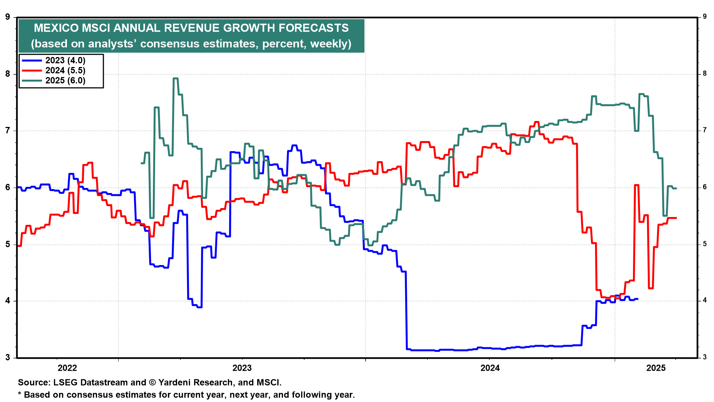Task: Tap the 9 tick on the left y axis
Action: pos(8,17)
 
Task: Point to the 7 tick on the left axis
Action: pos(8,131)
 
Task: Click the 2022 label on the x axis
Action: pos(67,368)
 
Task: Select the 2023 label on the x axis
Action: pos(242,368)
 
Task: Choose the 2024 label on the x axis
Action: pos(490,368)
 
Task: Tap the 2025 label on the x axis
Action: pos(656,368)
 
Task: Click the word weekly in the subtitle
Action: pos(329,44)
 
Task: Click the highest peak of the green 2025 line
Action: pos(176,79)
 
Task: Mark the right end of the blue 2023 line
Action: pos(637,299)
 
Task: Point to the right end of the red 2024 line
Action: pos(676,218)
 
